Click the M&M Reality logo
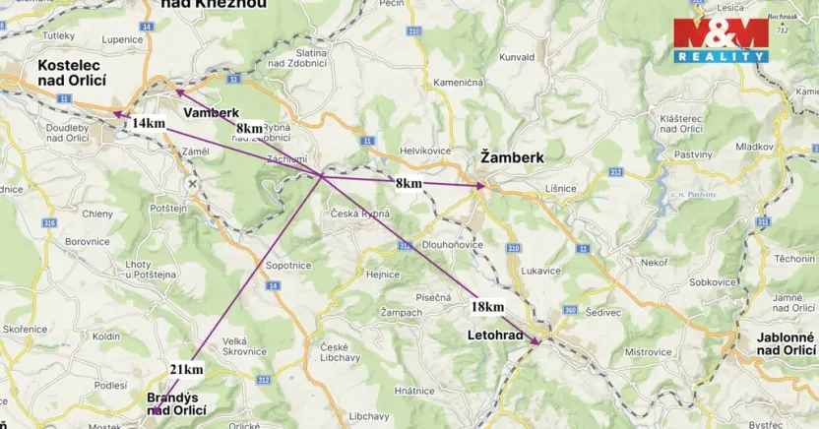point(721,40)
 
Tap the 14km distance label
point(148,123)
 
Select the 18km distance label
point(487,307)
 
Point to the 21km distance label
point(186,370)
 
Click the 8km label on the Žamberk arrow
point(409,183)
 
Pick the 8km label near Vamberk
point(249,128)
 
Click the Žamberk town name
point(511,156)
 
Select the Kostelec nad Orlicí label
point(71,73)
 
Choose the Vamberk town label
point(211,113)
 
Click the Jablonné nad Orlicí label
point(785,343)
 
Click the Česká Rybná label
point(359,214)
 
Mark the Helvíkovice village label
point(424,151)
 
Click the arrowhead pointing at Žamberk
point(481,185)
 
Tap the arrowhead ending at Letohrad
point(537,342)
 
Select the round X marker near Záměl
point(193,184)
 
